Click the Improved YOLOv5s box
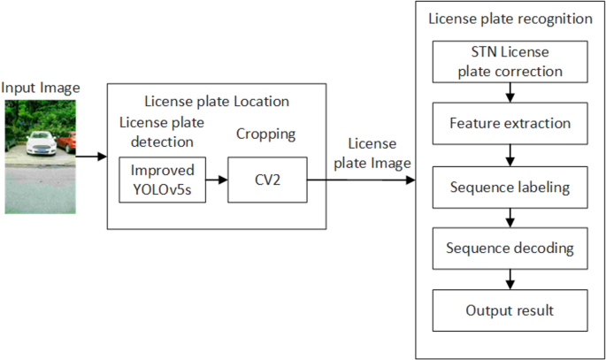click(x=162, y=180)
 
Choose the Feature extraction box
click(x=510, y=124)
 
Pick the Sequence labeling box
click(x=510, y=187)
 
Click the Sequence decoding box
click(x=510, y=249)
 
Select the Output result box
click(x=510, y=310)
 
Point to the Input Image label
click(x=41, y=87)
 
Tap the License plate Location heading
click(x=217, y=102)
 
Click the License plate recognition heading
click(x=510, y=18)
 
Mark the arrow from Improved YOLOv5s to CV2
click(x=217, y=180)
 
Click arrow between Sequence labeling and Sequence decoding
click(x=510, y=218)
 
